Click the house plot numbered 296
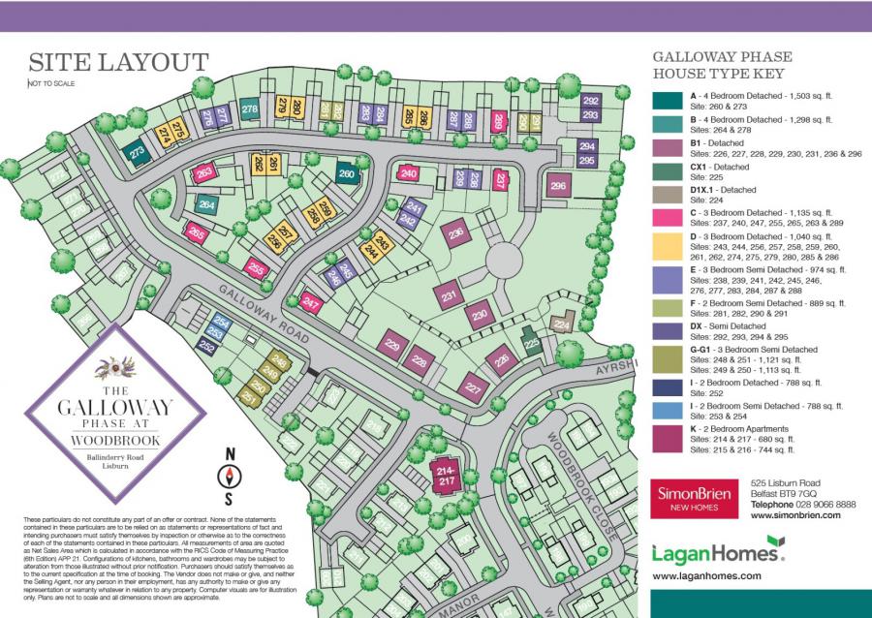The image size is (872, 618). [x=557, y=186]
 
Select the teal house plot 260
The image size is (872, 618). [x=348, y=174]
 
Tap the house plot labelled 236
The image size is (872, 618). [x=455, y=233]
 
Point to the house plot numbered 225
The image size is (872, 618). [x=529, y=342]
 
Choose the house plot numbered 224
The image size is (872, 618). [x=561, y=326]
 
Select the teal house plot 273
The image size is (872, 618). [x=138, y=152]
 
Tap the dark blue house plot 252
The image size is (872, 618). [x=206, y=345]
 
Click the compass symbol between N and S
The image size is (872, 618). [x=230, y=476]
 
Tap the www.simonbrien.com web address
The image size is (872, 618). [x=793, y=515]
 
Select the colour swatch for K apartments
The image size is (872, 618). [x=666, y=438]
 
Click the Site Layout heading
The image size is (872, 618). [x=118, y=62]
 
